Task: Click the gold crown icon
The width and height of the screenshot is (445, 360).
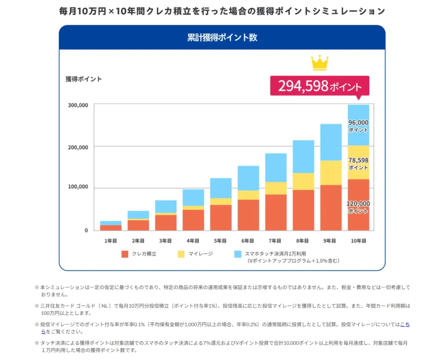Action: pyautogui.click(x=319, y=63)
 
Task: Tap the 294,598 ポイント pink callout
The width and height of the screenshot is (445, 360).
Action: pyautogui.click(x=319, y=86)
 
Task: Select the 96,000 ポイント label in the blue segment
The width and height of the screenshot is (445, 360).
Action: pyautogui.click(x=358, y=126)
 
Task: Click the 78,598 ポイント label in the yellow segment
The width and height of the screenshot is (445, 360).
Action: pyautogui.click(x=358, y=163)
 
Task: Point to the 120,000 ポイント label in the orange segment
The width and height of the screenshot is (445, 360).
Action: pyautogui.click(x=358, y=207)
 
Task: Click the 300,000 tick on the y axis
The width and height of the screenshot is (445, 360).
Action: pyautogui.click(x=78, y=105)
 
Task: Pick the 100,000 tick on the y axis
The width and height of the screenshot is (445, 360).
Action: pyautogui.click(x=78, y=187)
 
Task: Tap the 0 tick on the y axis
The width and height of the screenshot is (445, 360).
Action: pyautogui.click(x=86, y=230)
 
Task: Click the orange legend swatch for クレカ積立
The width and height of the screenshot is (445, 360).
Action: pyautogui.click(x=125, y=253)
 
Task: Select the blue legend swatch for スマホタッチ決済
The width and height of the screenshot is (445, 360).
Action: pyautogui.click(x=237, y=253)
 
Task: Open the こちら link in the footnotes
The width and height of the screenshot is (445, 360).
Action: pyautogui.click(x=405, y=324)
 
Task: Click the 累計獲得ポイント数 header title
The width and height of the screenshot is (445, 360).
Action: pyautogui.click(x=222, y=37)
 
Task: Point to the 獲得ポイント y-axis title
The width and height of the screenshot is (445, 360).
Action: pyautogui.click(x=83, y=79)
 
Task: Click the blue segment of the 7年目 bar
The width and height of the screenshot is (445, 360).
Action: pyautogui.click(x=276, y=167)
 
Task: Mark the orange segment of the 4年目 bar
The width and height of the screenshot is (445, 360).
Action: pyautogui.click(x=193, y=220)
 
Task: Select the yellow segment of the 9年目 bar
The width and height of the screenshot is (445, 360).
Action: pyautogui.click(x=331, y=173)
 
